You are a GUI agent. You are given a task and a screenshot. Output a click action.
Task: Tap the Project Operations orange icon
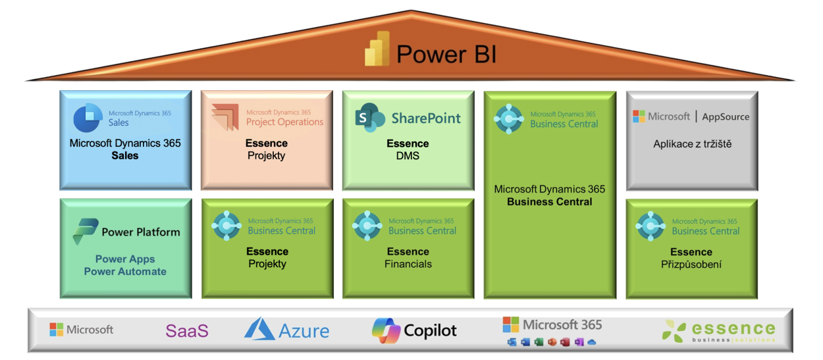point(225,117)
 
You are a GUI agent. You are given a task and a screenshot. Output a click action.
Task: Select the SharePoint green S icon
point(369,118)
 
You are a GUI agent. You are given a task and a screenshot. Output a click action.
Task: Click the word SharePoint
point(426,118)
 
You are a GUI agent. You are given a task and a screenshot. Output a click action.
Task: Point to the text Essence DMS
point(408,149)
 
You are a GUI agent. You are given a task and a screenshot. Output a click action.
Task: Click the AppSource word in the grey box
point(726,116)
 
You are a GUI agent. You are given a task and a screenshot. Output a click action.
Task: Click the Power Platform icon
point(86,232)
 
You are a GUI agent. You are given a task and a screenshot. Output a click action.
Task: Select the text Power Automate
point(125,271)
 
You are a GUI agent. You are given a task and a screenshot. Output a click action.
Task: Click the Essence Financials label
point(408,258)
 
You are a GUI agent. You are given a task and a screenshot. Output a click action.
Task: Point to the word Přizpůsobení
point(691,265)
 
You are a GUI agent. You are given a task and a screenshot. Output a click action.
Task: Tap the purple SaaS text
point(187,331)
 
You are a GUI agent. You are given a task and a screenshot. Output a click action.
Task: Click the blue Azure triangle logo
point(259,329)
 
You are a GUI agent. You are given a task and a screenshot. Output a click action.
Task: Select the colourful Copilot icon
point(386,330)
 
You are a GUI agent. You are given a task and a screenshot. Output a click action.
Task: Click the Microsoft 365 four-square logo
point(511,324)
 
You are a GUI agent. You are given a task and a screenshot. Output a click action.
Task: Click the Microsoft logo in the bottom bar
point(57,330)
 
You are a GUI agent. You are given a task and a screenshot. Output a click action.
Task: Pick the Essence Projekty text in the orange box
point(267,149)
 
